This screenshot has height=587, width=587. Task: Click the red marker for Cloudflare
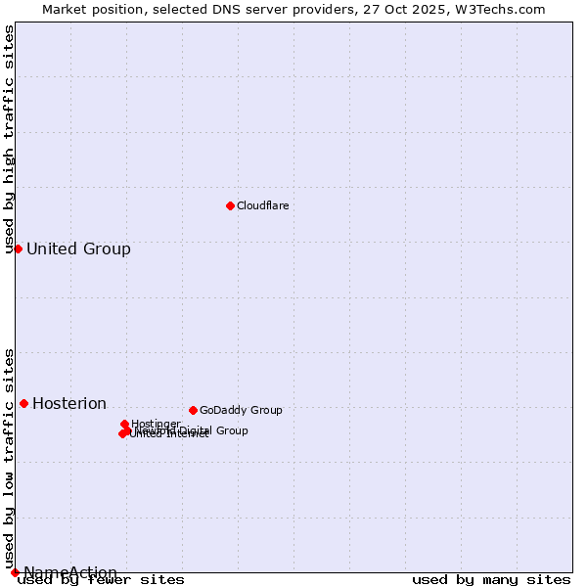coord(230,205)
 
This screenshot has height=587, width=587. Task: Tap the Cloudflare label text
coord(262,206)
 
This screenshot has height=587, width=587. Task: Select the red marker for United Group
coord(18,248)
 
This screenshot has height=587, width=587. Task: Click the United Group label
coord(78,249)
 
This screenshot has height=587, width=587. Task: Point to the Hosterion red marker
coord(23,403)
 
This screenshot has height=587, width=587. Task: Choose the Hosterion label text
coord(69,404)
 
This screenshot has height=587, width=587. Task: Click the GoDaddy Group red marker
coord(193,410)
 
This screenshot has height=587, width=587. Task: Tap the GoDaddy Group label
coord(241,411)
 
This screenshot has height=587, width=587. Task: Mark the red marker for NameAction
coord(15,572)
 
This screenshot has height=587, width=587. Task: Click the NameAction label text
coord(70,573)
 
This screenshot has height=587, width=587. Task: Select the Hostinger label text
coord(156,424)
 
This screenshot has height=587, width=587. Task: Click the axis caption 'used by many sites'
coord(491,580)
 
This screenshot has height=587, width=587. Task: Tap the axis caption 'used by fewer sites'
coord(101,580)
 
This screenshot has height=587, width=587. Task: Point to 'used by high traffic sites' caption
coord(10,139)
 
